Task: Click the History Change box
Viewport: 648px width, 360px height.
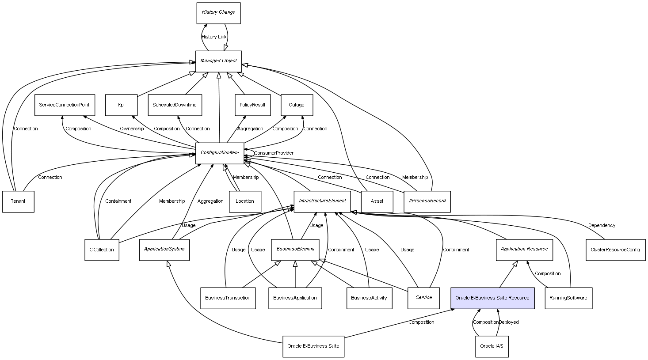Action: tap(218, 13)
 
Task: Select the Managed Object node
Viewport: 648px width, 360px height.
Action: tap(218, 61)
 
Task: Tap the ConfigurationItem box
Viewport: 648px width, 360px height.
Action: tap(220, 153)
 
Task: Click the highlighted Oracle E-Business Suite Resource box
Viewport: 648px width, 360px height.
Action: tap(492, 298)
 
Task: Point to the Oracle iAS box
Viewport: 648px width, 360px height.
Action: tap(492, 346)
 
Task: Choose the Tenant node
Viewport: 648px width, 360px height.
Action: tap(18, 201)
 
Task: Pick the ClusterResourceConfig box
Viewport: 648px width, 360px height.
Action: tap(615, 250)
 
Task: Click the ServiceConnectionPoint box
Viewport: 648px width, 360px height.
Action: tap(64, 105)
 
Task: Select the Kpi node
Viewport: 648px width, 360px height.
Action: tap(121, 105)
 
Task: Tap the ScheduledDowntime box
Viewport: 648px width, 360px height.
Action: tap(175, 105)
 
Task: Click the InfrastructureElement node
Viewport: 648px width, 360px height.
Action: tap(322, 201)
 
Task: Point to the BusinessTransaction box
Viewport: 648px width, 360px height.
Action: tap(228, 298)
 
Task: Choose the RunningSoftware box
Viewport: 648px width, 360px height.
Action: tap(568, 298)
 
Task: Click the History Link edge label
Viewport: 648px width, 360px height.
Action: tap(214, 37)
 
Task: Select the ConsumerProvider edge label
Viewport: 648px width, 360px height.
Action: tap(274, 153)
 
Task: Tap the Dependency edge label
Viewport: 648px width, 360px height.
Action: tap(602, 225)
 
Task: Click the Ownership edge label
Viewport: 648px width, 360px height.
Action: tap(132, 129)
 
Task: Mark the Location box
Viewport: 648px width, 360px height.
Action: tap(245, 201)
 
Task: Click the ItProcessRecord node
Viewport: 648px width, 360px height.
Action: tap(427, 201)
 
